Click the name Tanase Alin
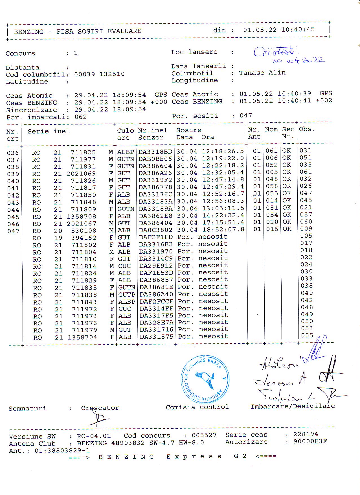click(x=262, y=73)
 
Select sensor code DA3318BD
click(x=155, y=152)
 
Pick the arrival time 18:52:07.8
click(x=223, y=229)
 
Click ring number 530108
click(x=84, y=231)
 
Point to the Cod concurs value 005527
click(x=204, y=435)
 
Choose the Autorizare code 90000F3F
click(x=310, y=441)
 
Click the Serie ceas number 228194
click(x=305, y=434)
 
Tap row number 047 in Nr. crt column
click(x=13, y=231)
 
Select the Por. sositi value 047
click(x=246, y=115)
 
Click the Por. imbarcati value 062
click(x=81, y=117)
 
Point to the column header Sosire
click(x=189, y=130)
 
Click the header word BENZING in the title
click(x=29, y=32)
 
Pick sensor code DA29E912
click(x=156, y=266)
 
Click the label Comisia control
click(x=197, y=407)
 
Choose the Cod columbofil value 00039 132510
click(x=99, y=74)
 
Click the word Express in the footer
click(x=194, y=457)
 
